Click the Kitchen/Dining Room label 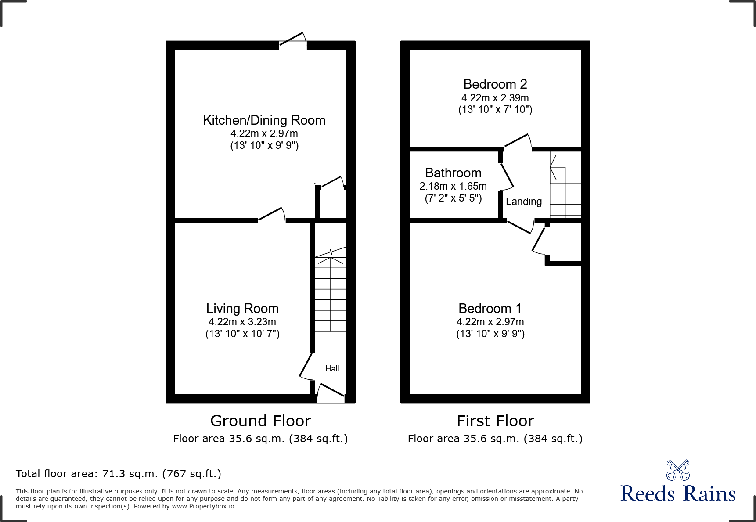[264, 120]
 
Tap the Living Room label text [242, 309]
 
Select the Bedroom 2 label [495, 84]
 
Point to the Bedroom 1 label [490, 309]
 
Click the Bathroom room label [453, 173]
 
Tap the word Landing [523, 202]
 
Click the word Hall [332, 369]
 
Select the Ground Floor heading [260, 421]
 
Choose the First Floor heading [495, 421]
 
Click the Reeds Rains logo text [678, 494]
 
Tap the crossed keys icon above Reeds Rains [678, 470]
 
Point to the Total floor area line [119, 474]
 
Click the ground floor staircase [331, 294]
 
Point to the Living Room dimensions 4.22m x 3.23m [242, 322]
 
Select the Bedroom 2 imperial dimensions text [495, 110]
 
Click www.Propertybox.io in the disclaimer [203, 506]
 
